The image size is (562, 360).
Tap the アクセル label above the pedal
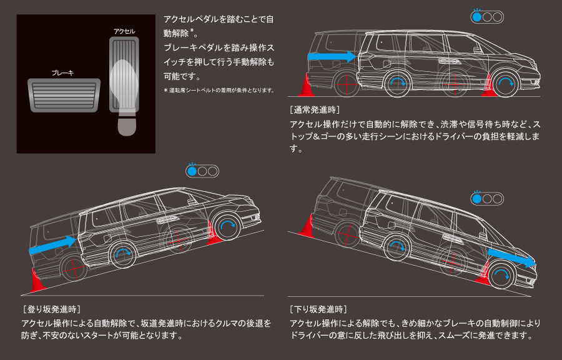pyautogui.click(x=124, y=31)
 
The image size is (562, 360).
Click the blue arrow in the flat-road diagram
pyautogui.click(x=331, y=56)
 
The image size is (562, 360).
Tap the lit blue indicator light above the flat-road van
pyautogui.click(x=478, y=17)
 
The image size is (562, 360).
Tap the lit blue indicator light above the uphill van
pyautogui.click(x=193, y=171)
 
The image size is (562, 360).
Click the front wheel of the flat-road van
pyautogui.click(x=505, y=84)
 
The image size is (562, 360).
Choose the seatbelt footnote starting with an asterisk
pyautogui.click(x=219, y=91)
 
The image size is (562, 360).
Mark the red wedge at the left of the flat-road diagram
pyautogui.click(x=305, y=86)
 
